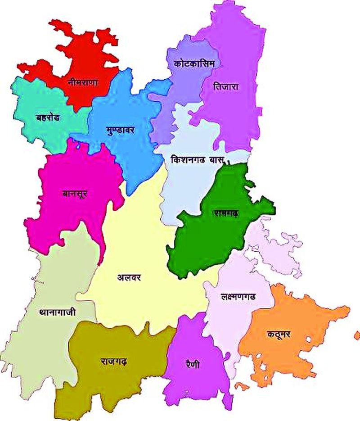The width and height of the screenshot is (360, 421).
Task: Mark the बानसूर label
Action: (x=75, y=194)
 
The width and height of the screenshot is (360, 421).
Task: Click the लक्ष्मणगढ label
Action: (x=238, y=297)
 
